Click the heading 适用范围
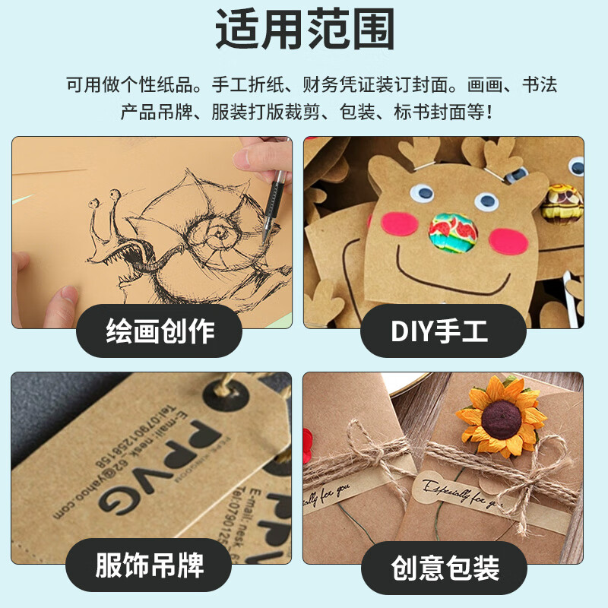tap(304, 31)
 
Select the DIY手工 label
tap(443, 331)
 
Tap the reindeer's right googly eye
tap(486, 201)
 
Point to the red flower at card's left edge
tap(309, 439)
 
